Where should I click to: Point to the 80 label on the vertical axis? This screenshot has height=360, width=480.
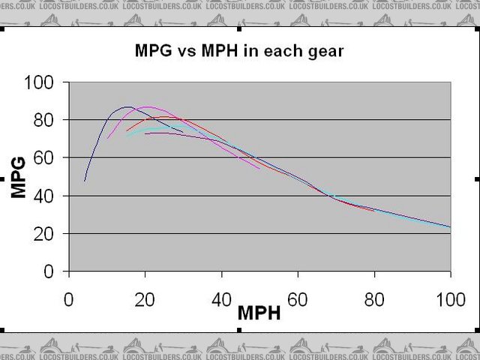(x=48, y=120)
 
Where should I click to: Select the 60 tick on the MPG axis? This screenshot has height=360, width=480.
(x=48, y=157)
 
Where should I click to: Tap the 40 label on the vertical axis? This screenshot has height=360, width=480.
(x=48, y=196)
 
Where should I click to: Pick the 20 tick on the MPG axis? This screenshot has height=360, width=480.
(x=48, y=234)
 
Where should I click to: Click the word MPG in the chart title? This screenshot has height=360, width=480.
(x=151, y=52)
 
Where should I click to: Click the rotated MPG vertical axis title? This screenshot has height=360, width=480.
(x=20, y=177)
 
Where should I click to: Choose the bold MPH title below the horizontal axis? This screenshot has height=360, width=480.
(x=259, y=313)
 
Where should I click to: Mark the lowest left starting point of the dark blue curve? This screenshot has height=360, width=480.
(x=85, y=181)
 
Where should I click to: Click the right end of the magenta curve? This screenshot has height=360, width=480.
(x=260, y=168)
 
